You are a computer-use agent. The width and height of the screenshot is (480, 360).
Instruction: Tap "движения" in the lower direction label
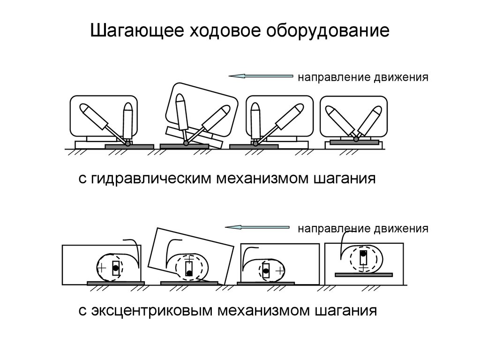coord(401,229)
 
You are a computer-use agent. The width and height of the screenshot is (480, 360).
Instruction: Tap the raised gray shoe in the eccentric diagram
coord(364,273)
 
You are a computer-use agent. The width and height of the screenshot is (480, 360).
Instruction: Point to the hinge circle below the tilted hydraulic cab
coord(187,143)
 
